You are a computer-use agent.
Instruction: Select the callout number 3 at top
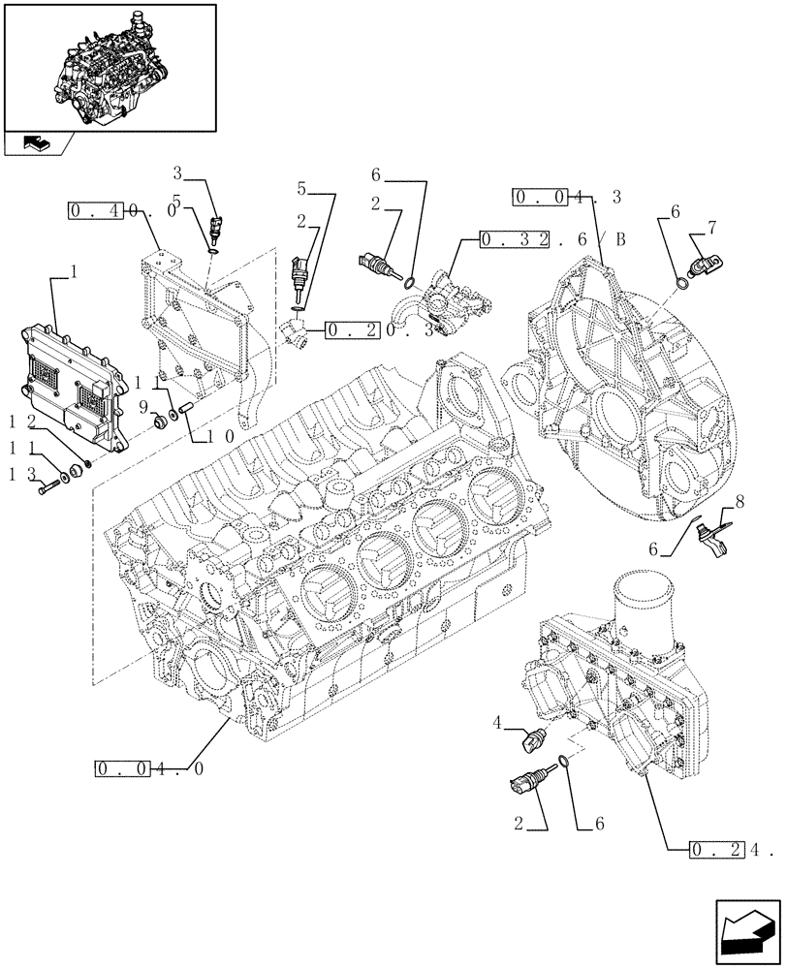point(177,174)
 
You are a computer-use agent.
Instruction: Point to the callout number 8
point(740,504)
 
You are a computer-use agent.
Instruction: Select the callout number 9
point(142,407)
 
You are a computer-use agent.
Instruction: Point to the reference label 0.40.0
point(122,209)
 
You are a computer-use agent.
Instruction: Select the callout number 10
point(218,436)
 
